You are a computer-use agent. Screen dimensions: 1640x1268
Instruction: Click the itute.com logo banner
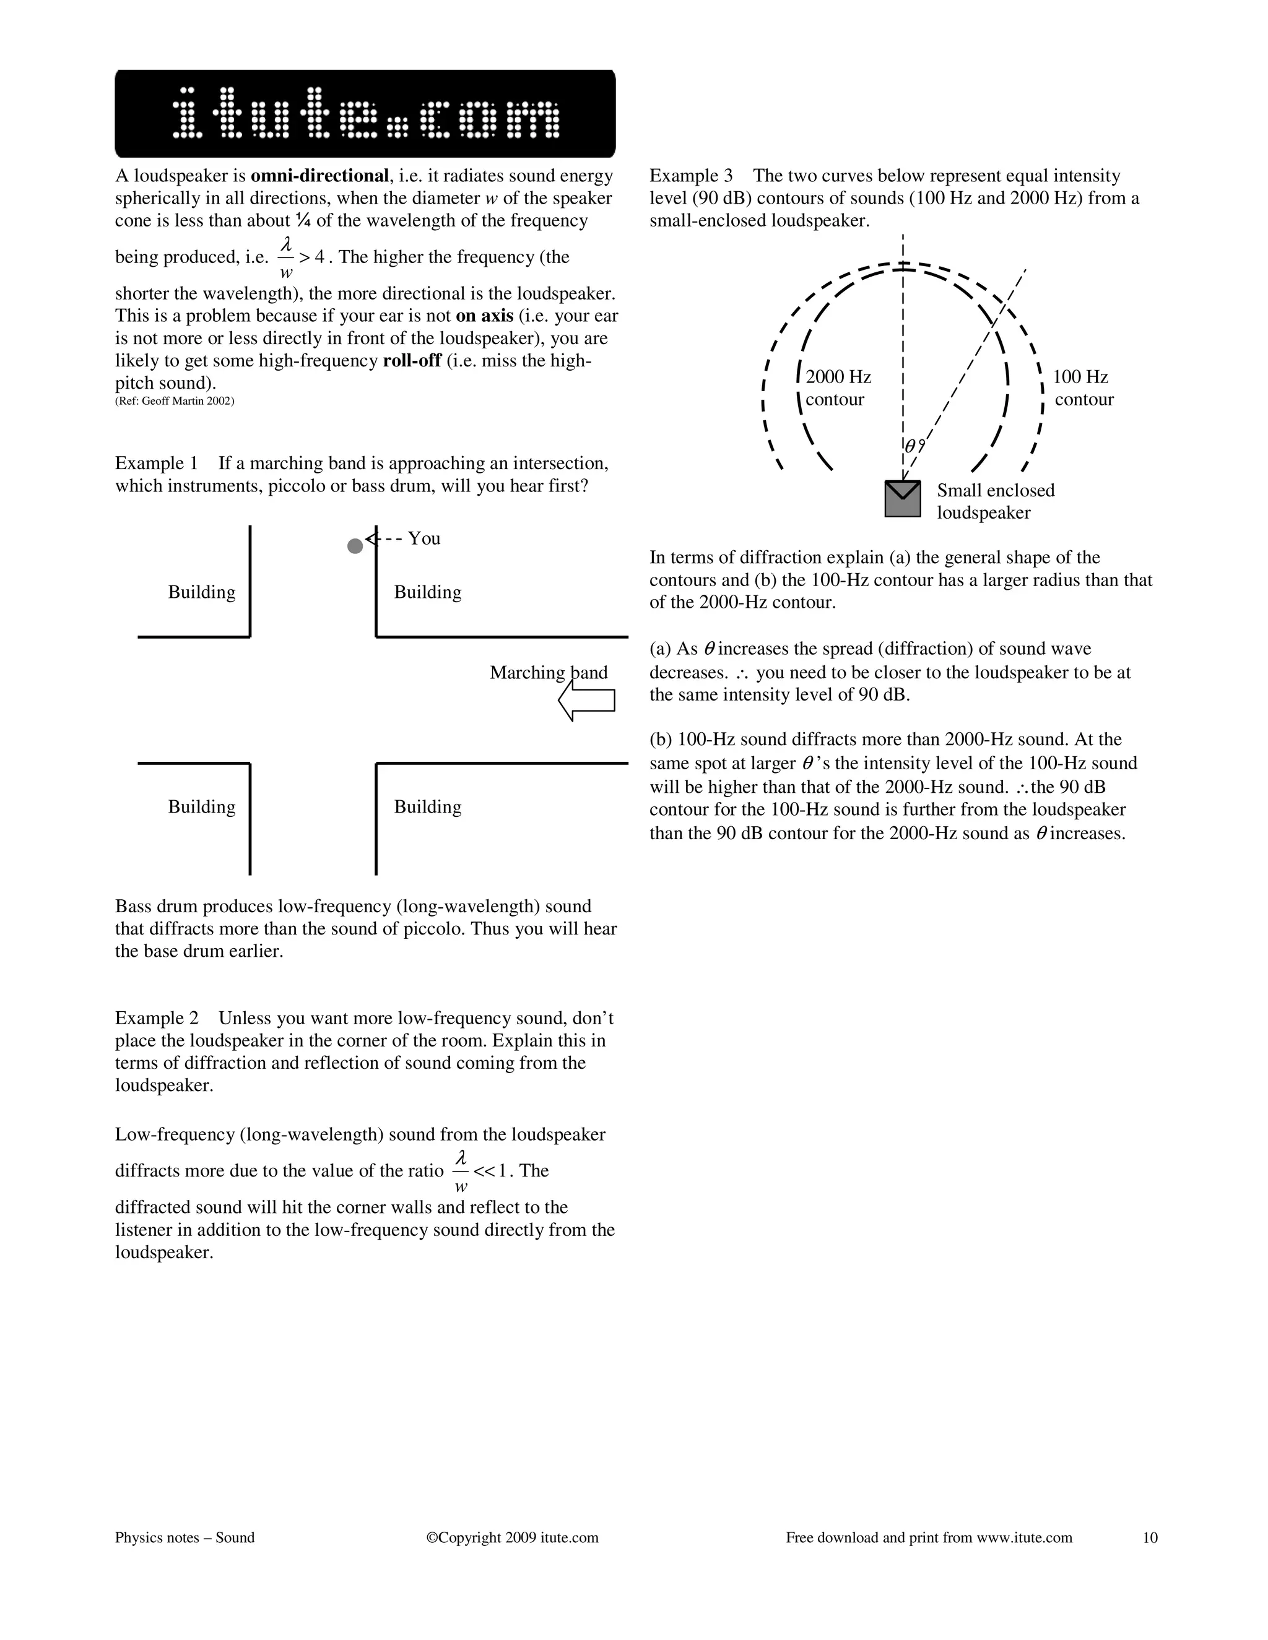click(x=365, y=113)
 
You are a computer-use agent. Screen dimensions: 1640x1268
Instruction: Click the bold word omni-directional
click(x=319, y=176)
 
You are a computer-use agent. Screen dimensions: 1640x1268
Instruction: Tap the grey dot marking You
click(x=355, y=546)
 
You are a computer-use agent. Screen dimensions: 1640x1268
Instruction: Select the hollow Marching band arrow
click(x=587, y=700)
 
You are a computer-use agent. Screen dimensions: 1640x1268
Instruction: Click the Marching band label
click(x=549, y=672)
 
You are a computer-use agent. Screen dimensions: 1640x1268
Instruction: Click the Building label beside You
click(x=427, y=592)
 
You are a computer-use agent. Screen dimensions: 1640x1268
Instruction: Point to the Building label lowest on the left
click(x=201, y=806)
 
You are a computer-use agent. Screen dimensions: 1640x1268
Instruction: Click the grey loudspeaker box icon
click(x=902, y=499)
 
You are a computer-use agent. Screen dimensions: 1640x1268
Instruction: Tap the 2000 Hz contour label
click(x=838, y=387)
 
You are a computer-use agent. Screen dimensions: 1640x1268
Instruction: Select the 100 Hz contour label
click(x=1082, y=387)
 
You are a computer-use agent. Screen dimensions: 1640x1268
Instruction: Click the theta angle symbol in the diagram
click(x=910, y=446)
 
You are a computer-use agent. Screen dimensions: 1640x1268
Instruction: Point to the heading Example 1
click(x=156, y=464)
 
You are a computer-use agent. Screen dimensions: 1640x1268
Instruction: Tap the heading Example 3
click(x=690, y=176)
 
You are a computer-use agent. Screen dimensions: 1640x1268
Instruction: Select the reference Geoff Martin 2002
click(x=174, y=401)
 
